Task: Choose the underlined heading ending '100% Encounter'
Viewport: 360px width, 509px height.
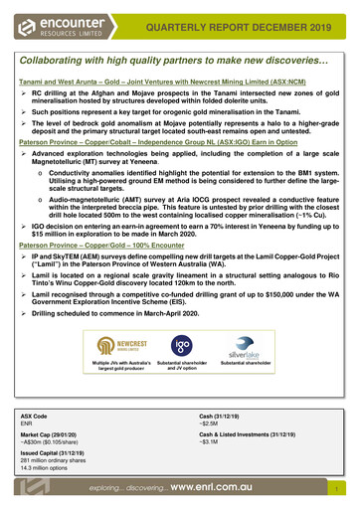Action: click(110, 246)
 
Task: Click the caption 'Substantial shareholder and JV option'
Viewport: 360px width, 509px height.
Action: click(180, 368)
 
